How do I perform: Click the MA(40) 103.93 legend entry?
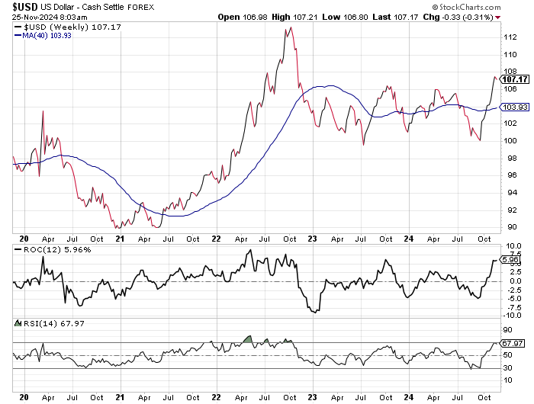click(47, 35)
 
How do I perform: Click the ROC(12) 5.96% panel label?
click(46, 248)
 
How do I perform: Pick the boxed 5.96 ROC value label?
click(513, 260)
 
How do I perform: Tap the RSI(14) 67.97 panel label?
click(42, 322)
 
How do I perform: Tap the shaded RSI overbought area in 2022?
click(246, 338)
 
